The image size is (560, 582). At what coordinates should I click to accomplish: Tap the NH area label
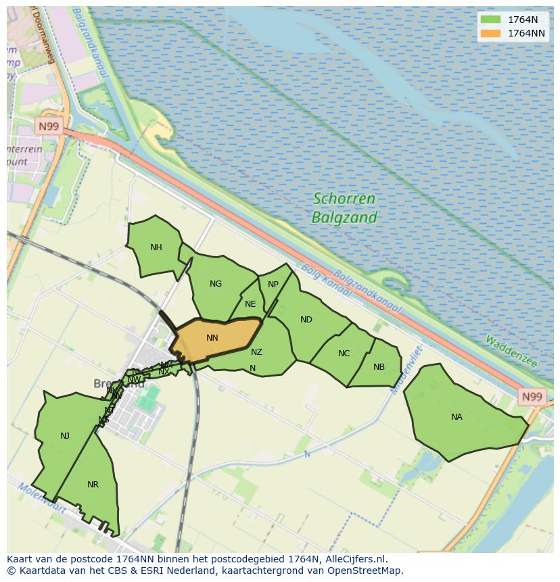click(156, 247)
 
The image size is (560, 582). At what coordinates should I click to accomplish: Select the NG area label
click(216, 284)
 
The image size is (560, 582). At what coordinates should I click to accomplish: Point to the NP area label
click(273, 285)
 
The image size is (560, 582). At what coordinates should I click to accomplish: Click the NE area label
click(250, 304)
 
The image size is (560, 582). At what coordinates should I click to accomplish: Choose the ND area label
click(306, 320)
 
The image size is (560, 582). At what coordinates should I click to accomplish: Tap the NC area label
click(344, 354)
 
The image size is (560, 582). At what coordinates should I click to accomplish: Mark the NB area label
click(379, 367)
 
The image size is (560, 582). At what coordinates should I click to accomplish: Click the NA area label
click(457, 417)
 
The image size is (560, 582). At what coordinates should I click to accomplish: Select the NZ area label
click(256, 352)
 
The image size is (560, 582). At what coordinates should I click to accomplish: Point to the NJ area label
click(65, 436)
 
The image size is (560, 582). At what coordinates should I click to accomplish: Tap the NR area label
click(93, 485)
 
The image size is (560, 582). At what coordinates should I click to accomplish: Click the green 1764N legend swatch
click(490, 20)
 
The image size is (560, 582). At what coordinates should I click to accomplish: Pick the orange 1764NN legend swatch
click(490, 33)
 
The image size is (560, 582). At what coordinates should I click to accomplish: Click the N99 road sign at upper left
click(48, 126)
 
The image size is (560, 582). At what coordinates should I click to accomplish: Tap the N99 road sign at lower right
click(532, 397)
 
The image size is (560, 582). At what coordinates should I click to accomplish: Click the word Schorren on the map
click(344, 199)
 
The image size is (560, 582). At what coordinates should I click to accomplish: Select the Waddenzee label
click(511, 351)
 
